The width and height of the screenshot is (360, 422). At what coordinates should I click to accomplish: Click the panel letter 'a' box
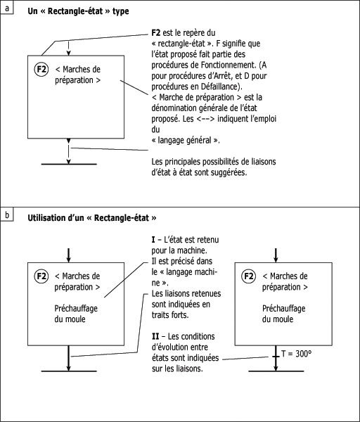click(7, 8)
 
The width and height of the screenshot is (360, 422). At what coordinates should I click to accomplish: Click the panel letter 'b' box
click(7, 215)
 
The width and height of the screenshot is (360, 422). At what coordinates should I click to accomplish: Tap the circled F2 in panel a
click(41, 70)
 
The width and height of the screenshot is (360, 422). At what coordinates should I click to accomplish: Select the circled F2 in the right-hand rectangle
click(248, 276)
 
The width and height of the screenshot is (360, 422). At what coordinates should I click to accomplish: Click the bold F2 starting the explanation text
click(156, 33)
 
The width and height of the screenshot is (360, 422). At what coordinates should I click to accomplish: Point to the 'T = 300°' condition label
click(296, 354)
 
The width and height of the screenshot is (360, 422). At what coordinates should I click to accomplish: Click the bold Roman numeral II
click(155, 336)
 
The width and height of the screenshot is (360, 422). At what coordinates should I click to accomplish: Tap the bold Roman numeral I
click(153, 240)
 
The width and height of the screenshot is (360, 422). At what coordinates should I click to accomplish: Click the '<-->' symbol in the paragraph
click(205, 119)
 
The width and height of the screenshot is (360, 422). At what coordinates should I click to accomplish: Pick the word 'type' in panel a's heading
click(120, 11)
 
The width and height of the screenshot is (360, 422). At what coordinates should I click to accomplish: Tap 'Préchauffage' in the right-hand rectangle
click(283, 309)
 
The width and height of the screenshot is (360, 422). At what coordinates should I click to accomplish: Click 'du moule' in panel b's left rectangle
click(70, 319)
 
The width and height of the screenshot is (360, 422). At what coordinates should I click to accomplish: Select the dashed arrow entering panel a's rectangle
click(69, 49)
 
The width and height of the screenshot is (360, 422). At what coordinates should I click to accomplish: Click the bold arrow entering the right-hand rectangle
click(276, 255)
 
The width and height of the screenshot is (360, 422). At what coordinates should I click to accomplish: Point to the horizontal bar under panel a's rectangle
click(69, 164)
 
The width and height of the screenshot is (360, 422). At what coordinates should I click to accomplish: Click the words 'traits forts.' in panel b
click(170, 315)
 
